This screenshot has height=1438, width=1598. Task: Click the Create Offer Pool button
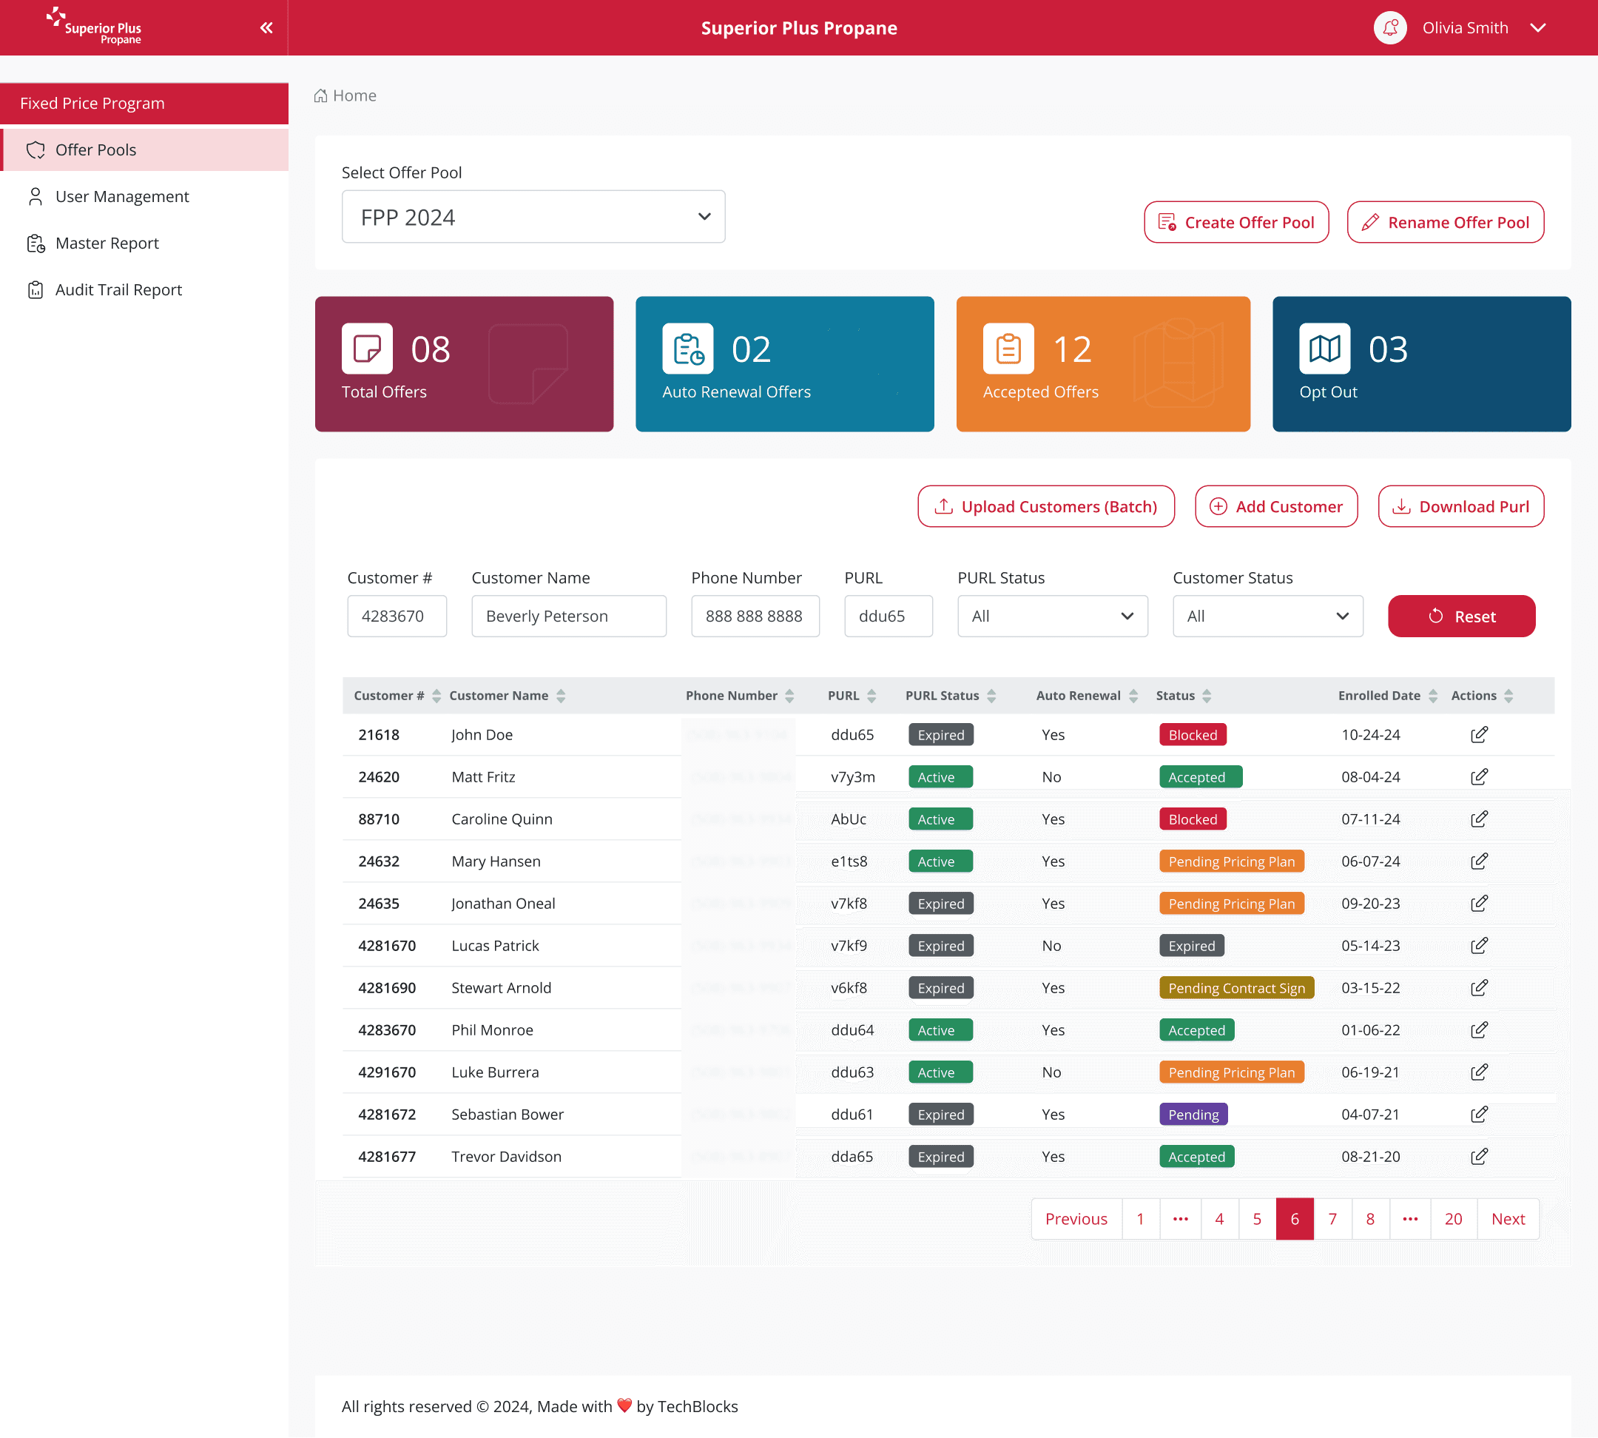point(1235,222)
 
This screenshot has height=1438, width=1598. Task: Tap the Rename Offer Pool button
point(1445,222)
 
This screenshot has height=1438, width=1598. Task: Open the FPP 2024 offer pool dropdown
point(533,217)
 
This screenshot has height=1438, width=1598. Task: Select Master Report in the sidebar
point(107,243)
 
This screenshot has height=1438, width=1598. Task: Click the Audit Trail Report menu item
point(118,290)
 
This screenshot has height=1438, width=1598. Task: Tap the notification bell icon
point(1389,27)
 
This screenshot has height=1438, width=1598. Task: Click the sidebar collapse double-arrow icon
point(266,27)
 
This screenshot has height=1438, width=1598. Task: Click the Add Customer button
point(1275,506)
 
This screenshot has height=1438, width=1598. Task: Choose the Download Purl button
point(1460,506)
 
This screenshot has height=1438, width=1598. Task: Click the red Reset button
point(1460,616)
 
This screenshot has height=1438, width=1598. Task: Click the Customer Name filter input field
point(569,616)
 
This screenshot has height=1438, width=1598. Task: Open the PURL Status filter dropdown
point(1052,616)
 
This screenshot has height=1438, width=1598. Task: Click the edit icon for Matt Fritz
point(1479,776)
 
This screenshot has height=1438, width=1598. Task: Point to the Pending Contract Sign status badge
point(1236,987)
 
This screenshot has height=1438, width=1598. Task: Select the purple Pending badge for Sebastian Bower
point(1193,1114)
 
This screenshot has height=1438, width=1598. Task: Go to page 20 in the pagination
point(1453,1218)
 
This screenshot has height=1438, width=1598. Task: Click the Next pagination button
point(1507,1218)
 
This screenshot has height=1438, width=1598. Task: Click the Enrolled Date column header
point(1379,695)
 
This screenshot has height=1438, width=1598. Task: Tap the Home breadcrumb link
point(354,95)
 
